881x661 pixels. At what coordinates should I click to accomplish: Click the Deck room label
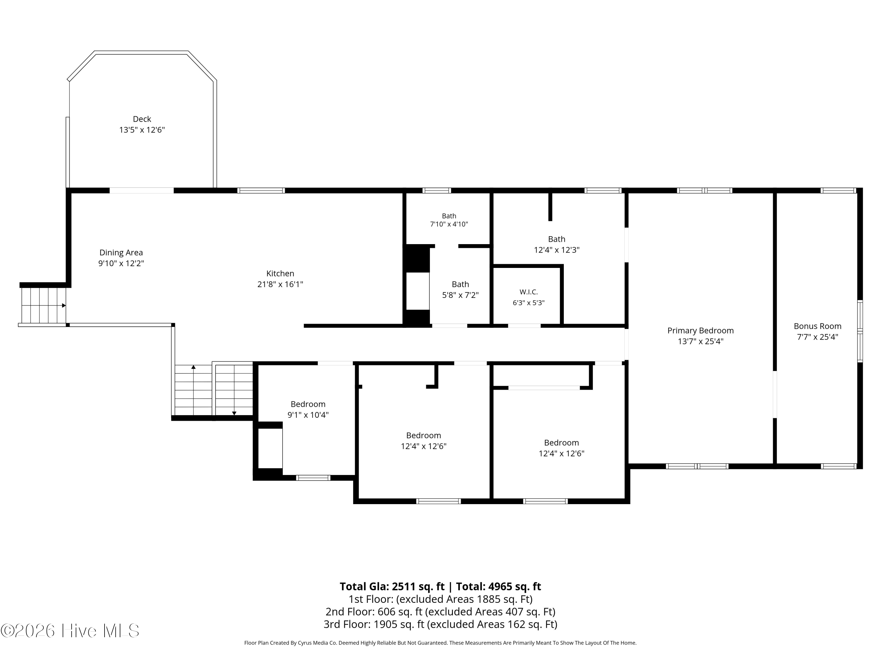point(142,119)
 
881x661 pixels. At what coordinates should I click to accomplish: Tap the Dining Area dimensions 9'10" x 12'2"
point(121,263)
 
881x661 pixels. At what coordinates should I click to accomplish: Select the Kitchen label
point(280,273)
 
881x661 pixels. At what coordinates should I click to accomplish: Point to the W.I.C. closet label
point(529,292)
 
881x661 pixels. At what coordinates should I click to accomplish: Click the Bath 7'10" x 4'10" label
point(449,220)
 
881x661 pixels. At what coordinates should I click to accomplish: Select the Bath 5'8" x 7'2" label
point(460,290)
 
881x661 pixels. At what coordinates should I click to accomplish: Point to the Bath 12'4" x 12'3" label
point(556,244)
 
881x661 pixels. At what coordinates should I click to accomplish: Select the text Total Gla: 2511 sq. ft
point(392,586)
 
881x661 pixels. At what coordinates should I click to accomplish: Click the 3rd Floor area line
point(440,624)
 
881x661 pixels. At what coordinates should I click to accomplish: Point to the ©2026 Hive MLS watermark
point(70,631)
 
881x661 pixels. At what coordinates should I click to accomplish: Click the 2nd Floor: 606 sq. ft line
point(440,612)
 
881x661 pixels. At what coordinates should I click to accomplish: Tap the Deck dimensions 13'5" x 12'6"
point(142,130)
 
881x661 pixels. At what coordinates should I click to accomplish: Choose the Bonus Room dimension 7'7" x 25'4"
point(817,337)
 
